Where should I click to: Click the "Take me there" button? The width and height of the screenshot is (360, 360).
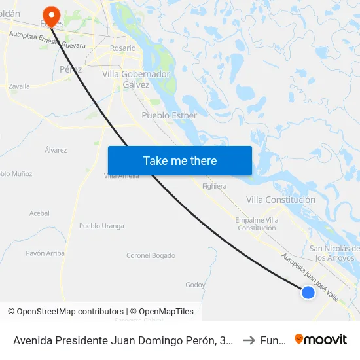point(180,161)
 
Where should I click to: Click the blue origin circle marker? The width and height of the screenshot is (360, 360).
point(308,293)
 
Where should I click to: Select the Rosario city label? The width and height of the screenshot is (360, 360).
point(123,48)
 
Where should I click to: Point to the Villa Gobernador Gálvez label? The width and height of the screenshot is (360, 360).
point(135,79)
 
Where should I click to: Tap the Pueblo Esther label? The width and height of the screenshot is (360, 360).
point(170,115)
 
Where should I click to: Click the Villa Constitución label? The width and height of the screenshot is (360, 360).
point(281,200)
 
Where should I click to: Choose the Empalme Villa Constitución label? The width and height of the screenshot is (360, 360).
point(257,224)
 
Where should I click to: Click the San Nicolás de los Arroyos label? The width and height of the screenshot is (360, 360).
point(334,253)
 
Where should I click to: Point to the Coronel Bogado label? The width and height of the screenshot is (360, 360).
point(151,255)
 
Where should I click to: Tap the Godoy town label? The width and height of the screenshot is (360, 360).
point(195,285)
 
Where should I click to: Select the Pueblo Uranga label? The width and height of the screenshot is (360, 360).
point(101,226)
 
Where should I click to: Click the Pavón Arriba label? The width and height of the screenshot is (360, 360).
point(45,253)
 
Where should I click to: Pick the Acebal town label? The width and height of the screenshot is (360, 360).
point(39,213)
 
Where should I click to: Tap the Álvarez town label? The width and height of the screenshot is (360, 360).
point(56,150)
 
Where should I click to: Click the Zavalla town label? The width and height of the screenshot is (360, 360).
point(20,86)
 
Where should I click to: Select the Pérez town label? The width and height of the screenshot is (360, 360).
point(70,69)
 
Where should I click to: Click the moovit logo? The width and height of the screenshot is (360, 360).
point(321,340)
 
